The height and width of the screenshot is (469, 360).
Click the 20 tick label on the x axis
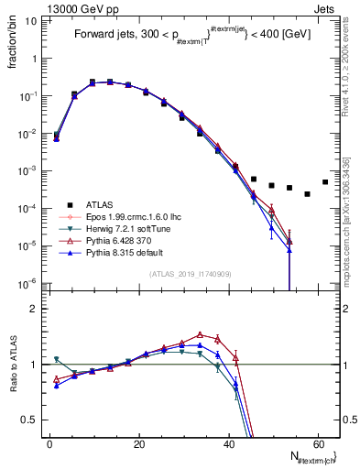tap(139, 443)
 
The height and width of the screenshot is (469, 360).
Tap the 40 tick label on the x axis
tap(228, 443)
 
